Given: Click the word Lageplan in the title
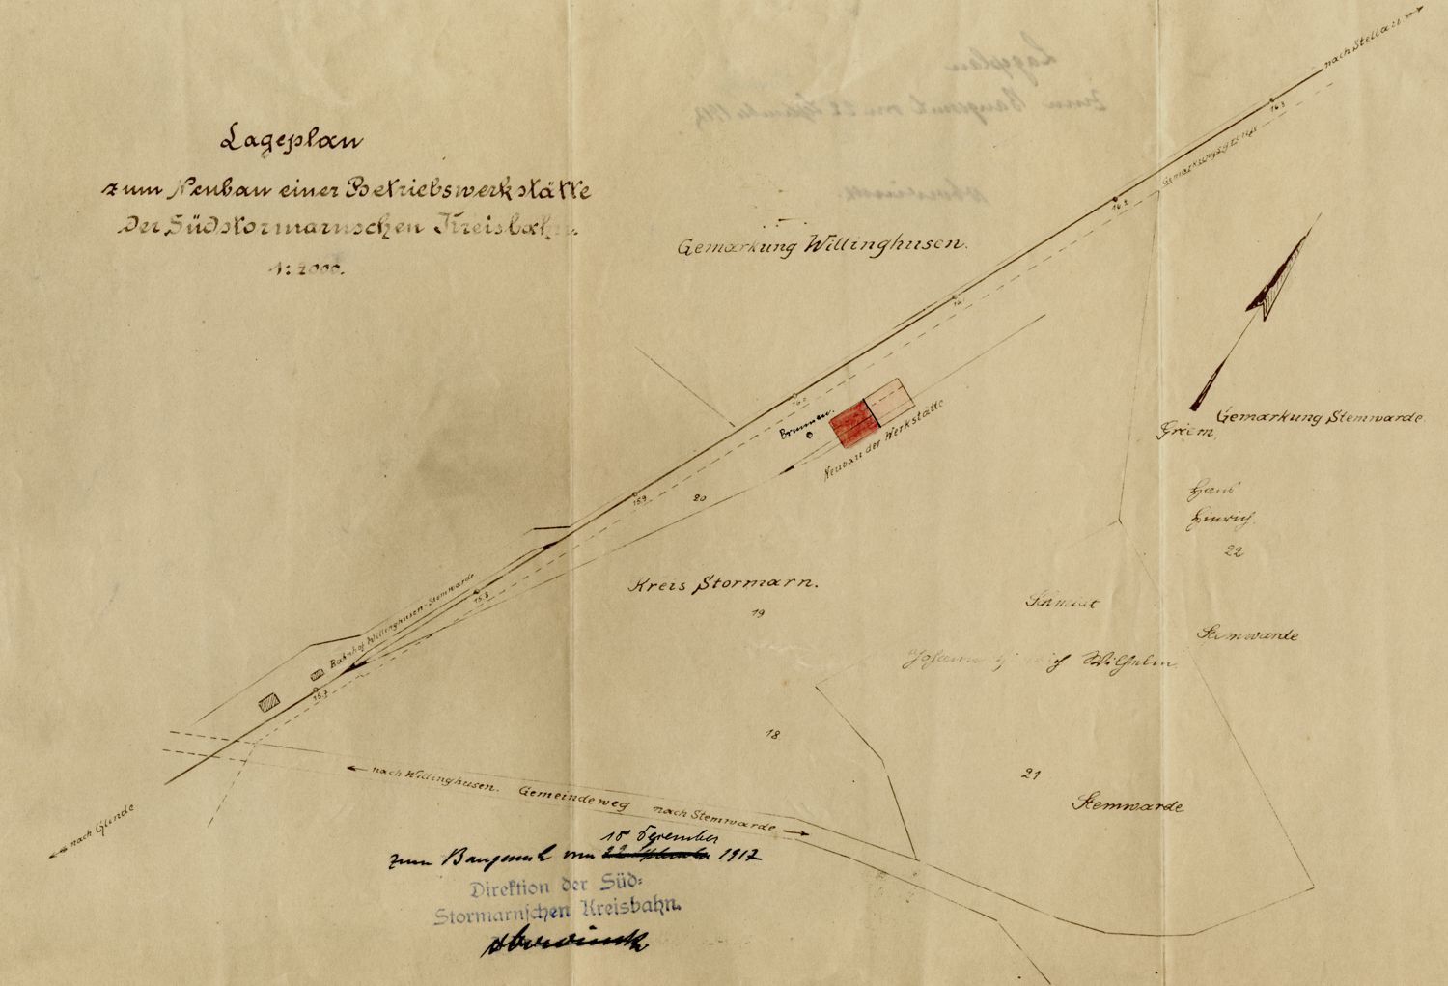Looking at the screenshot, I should click(291, 141).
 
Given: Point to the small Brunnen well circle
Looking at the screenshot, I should click(810, 435).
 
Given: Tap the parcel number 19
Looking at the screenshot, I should click(757, 613).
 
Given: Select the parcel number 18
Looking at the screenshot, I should click(771, 735).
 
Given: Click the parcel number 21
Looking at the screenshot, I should click(1029, 773).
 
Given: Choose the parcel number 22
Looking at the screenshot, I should click(1233, 552).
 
